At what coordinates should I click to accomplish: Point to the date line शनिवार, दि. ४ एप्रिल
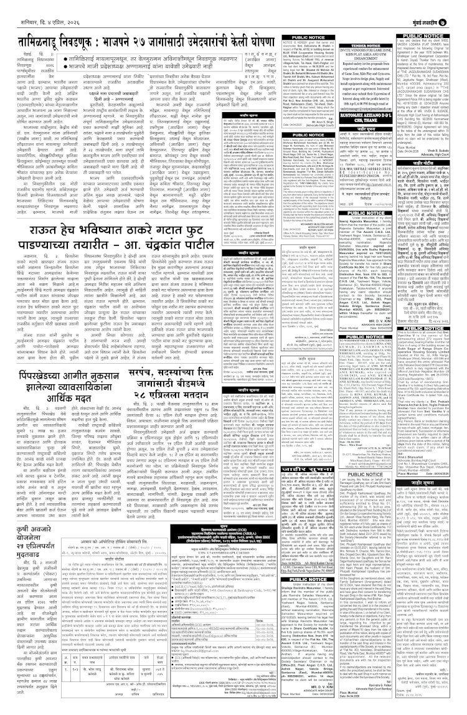pos(35,9)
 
